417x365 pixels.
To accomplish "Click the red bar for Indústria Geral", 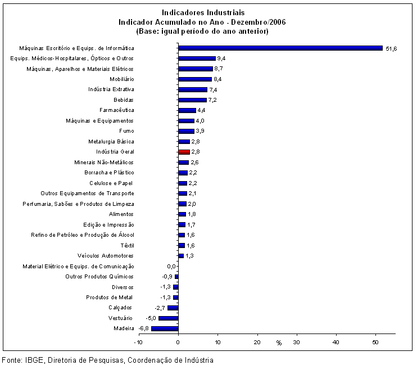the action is coord(184,152).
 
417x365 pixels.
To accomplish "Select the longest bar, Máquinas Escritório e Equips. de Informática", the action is coord(280,48).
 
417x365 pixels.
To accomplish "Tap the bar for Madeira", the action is coord(165,328).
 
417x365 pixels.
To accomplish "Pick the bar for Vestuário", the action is coord(169,318).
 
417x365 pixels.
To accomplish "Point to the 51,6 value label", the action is coord(391,49).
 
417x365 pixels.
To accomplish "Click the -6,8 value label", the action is coord(144,328).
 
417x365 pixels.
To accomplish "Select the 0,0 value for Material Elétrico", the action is coord(171,266).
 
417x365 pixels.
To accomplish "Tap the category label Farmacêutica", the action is coord(117,110).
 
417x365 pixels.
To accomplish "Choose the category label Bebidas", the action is coord(124,100).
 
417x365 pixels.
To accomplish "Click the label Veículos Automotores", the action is coord(106,255).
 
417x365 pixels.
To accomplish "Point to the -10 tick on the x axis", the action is coord(138,342).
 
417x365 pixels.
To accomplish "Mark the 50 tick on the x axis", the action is coord(375,342).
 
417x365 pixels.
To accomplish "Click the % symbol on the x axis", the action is coord(279,343).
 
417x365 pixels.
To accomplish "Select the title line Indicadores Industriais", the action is coord(203,12).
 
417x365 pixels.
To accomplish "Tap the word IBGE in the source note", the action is coord(34,360).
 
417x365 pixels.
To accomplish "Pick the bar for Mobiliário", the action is coord(195,79).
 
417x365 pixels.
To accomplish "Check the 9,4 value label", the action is coord(221,58).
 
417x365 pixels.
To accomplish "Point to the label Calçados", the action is coord(120,308).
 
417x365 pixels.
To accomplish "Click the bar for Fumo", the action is coord(187,131).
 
